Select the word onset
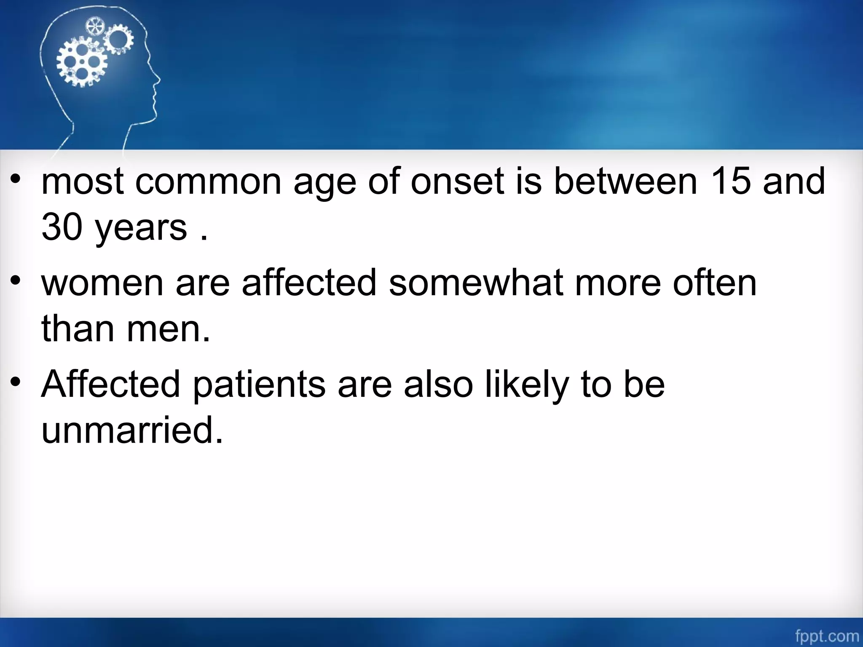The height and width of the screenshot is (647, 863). point(457,181)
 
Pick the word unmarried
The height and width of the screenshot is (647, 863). point(132,430)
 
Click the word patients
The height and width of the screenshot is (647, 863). point(259,384)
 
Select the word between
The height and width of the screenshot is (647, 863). point(625,181)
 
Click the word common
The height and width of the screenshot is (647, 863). point(208,181)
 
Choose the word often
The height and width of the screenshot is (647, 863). point(715,283)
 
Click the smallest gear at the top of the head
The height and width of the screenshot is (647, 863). point(94,27)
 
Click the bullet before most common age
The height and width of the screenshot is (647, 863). point(16,179)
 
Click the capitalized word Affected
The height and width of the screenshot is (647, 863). point(111,384)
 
